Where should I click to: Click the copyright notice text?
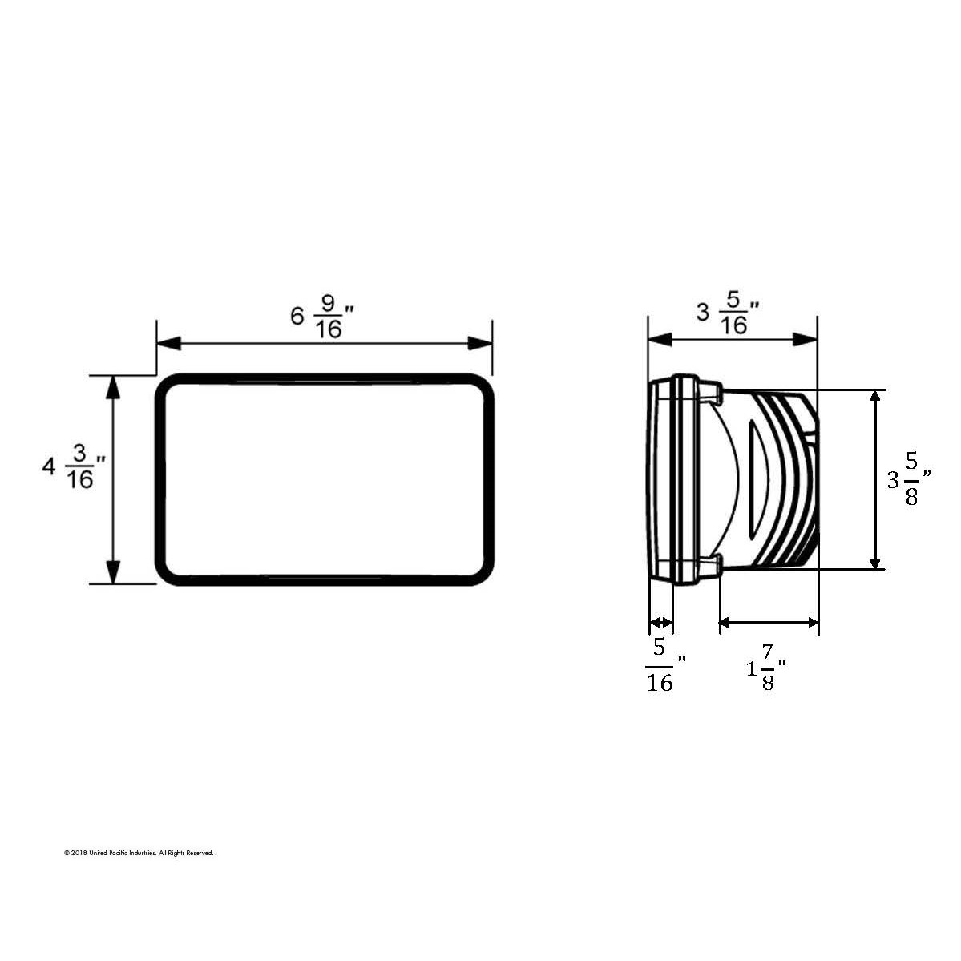click(x=139, y=854)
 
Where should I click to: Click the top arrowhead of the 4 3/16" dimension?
click(x=113, y=386)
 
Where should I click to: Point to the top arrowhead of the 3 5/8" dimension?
click(x=875, y=401)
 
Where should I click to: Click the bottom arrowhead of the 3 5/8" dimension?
click(x=875, y=559)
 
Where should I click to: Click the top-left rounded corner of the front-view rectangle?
click(x=166, y=386)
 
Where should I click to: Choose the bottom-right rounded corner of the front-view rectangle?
click(x=481, y=574)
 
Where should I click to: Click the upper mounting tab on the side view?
click(x=713, y=392)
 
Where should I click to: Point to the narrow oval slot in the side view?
click(x=755, y=479)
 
